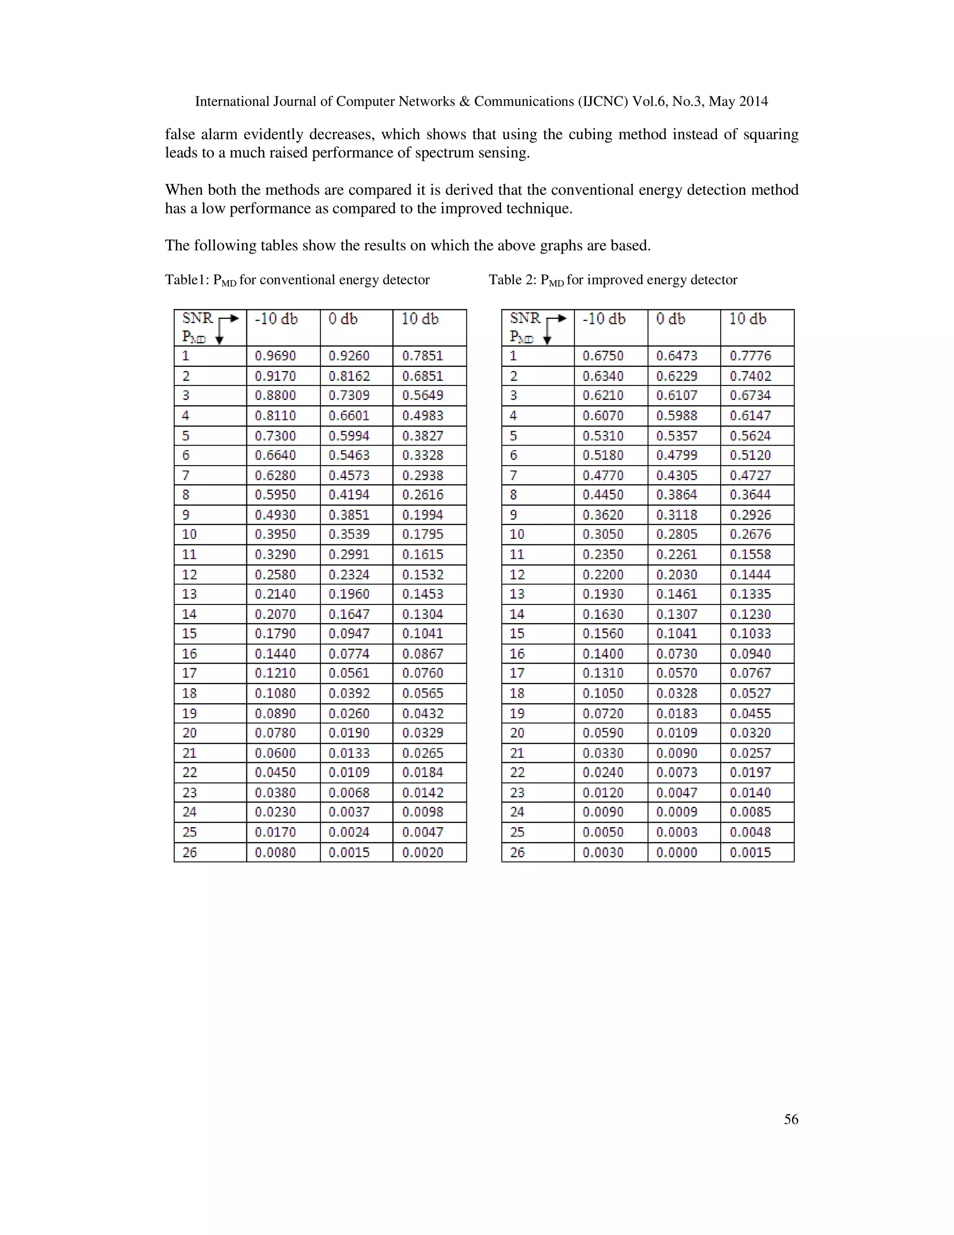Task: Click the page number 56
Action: point(790,1119)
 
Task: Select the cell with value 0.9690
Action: point(275,356)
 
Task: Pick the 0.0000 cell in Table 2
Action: point(676,852)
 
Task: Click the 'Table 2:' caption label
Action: point(512,280)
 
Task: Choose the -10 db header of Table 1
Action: point(276,319)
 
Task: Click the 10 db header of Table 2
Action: point(748,319)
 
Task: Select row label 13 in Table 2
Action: point(517,594)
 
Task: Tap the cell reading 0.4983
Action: point(423,416)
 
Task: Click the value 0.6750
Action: point(603,356)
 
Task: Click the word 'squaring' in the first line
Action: point(770,135)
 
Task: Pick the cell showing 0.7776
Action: point(750,356)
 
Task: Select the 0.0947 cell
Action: point(349,634)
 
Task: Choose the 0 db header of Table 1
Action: point(343,319)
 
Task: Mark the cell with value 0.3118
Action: point(676,515)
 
